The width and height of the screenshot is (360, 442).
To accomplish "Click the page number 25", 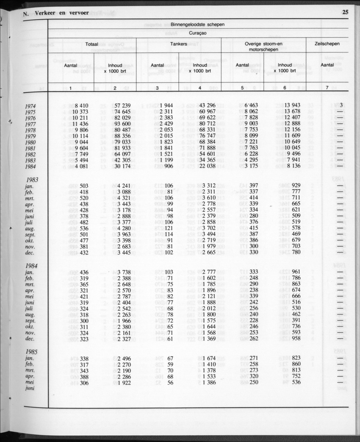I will [x=345, y=12].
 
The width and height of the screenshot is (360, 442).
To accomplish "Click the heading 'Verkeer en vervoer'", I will [x=64, y=13].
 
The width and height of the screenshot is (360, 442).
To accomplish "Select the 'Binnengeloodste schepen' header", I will [x=198, y=25].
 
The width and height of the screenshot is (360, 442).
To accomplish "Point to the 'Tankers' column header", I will [x=179, y=44].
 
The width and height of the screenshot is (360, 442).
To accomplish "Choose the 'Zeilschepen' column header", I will [x=327, y=44].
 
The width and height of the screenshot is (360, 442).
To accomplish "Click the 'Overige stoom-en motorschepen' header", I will [x=263, y=47].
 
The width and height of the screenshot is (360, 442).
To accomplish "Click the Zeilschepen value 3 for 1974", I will [x=341, y=105].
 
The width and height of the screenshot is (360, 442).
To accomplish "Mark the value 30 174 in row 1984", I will [x=121, y=166].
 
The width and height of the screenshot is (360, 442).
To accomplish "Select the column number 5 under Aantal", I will [x=242, y=88].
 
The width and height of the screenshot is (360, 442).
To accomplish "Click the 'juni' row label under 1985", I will [x=30, y=388].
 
